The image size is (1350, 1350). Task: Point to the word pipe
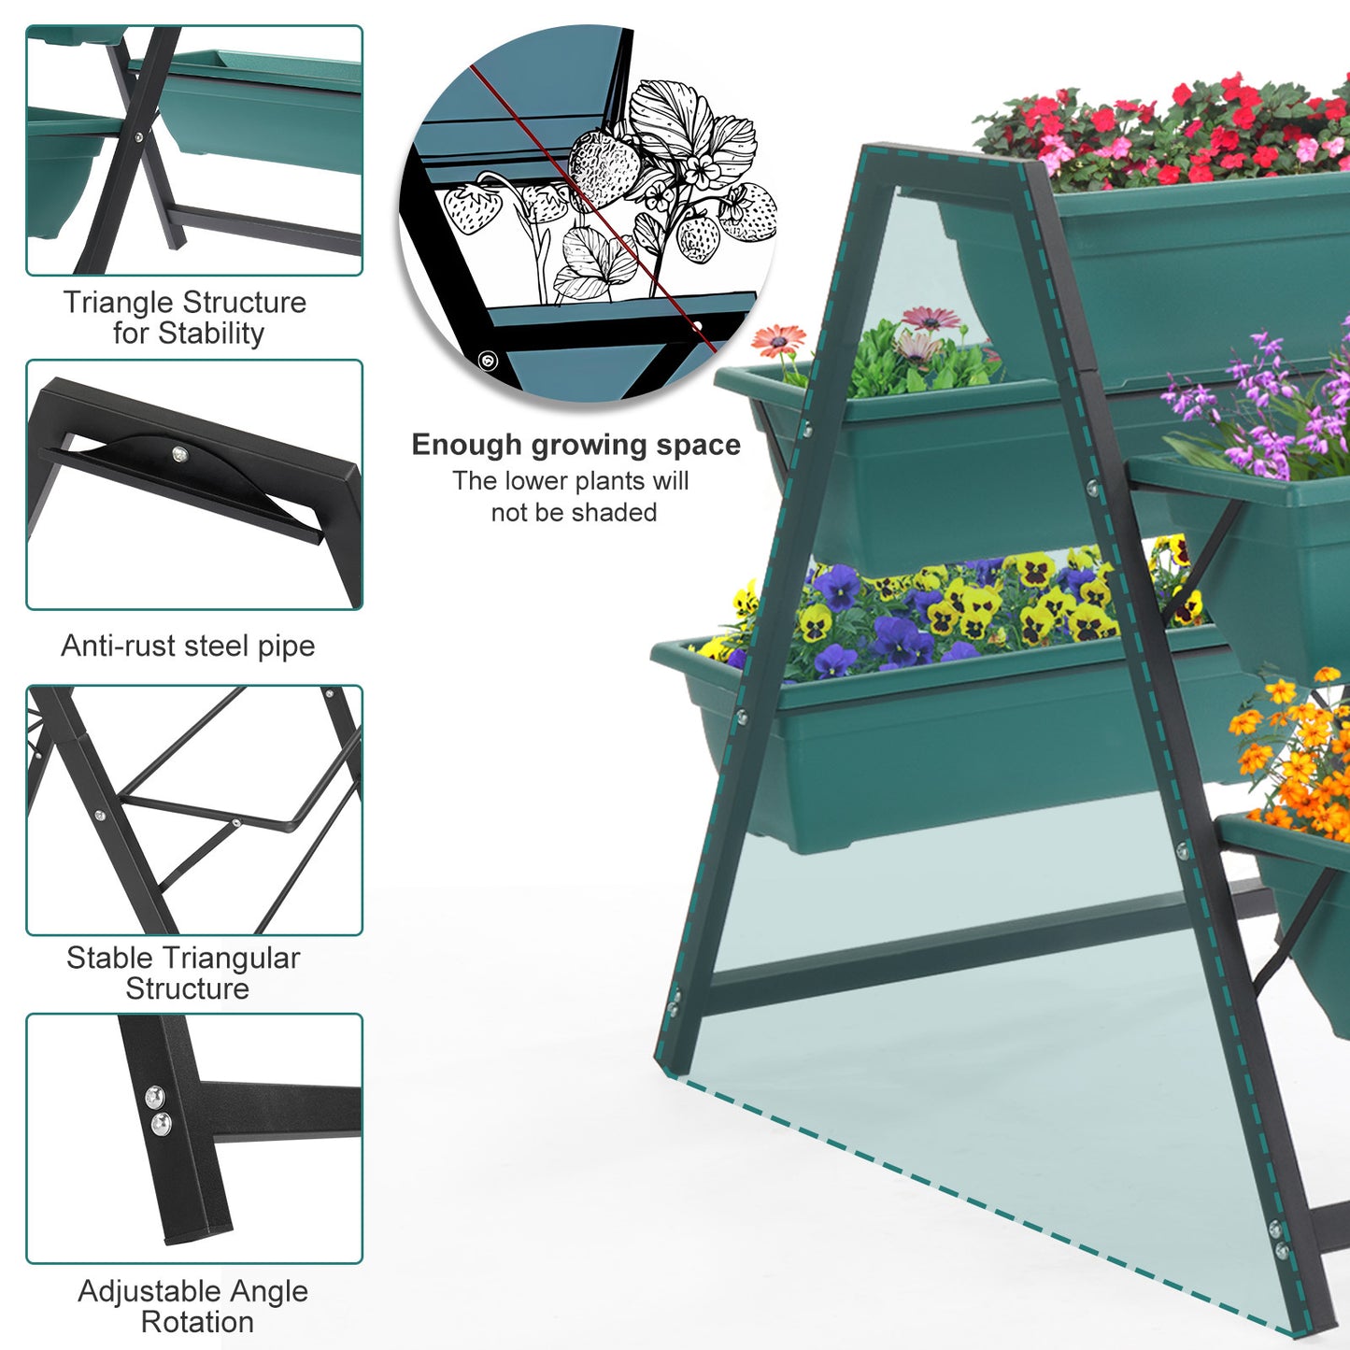(288, 647)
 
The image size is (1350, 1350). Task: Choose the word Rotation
(197, 1322)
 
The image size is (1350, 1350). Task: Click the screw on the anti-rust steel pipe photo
(179, 454)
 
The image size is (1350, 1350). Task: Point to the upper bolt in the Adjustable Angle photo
(154, 1095)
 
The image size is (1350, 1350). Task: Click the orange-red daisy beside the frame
(778, 339)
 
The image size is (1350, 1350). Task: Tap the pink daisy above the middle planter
(931, 319)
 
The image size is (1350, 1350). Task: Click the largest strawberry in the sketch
(604, 168)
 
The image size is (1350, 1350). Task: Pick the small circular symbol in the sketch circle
(488, 360)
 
